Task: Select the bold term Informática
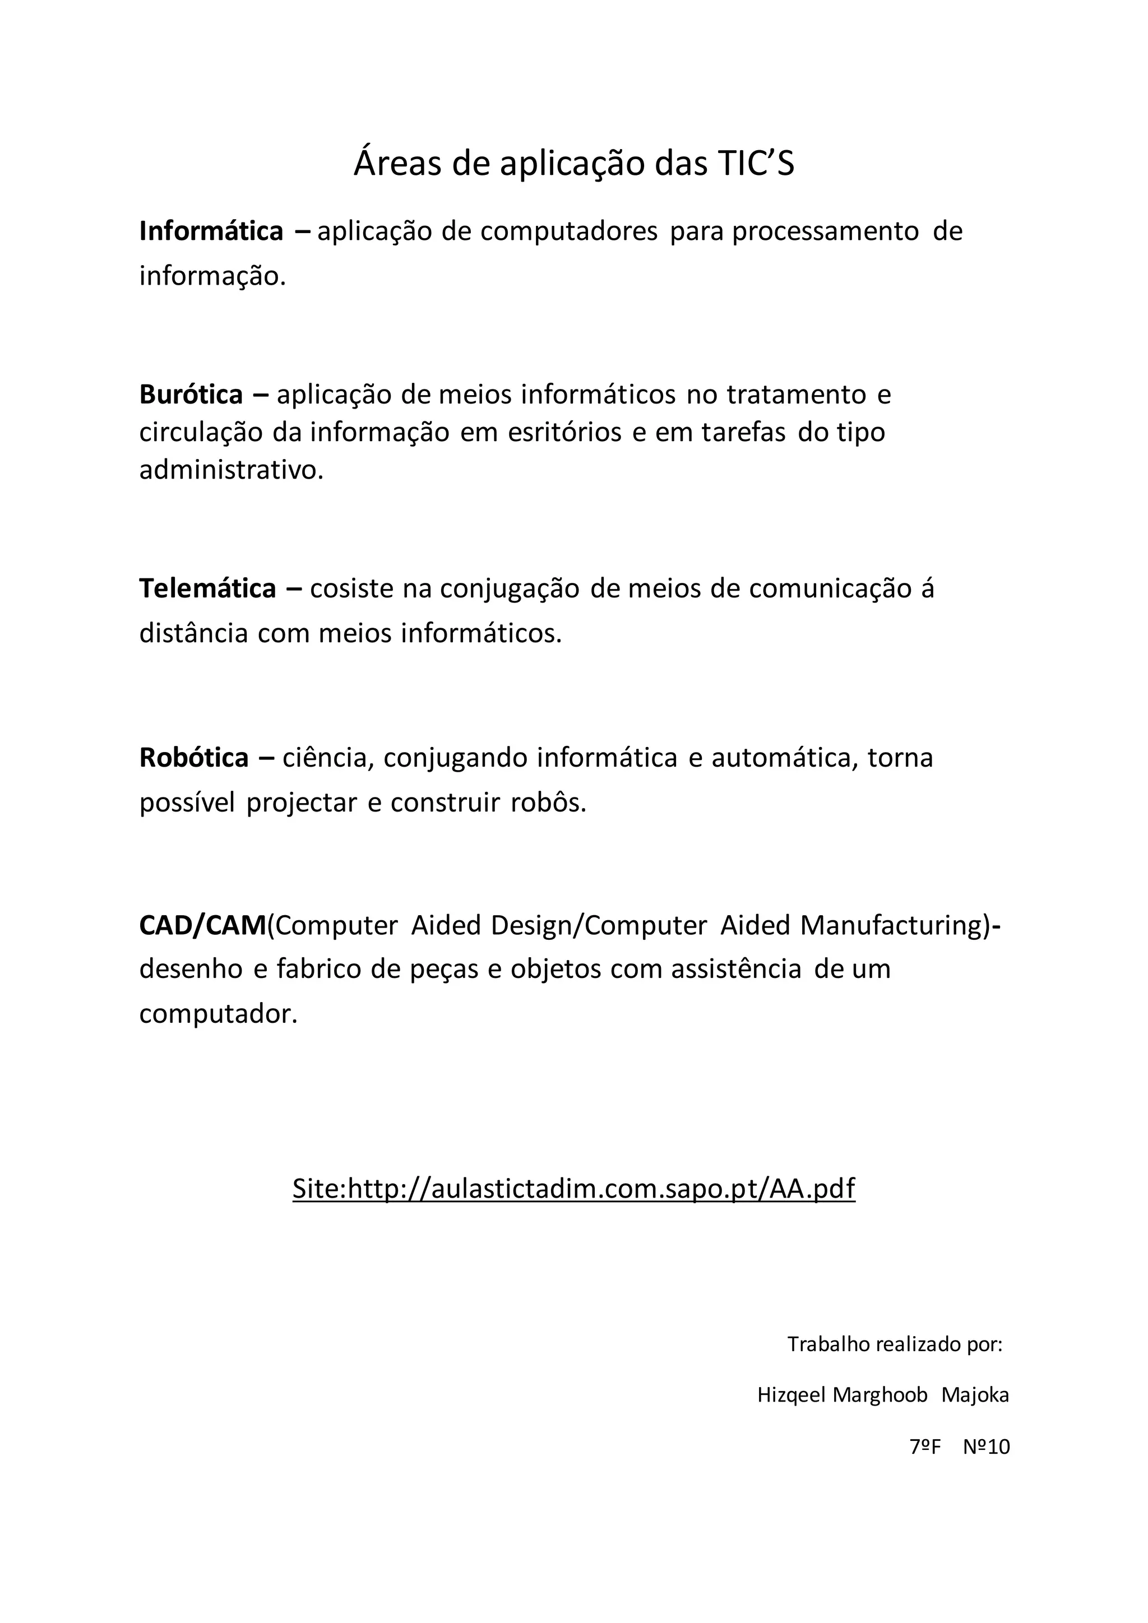(x=211, y=231)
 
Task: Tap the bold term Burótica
(x=191, y=395)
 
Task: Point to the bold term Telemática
(x=207, y=588)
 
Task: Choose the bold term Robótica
(x=194, y=757)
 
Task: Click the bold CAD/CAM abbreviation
(x=202, y=925)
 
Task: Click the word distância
(x=193, y=633)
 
